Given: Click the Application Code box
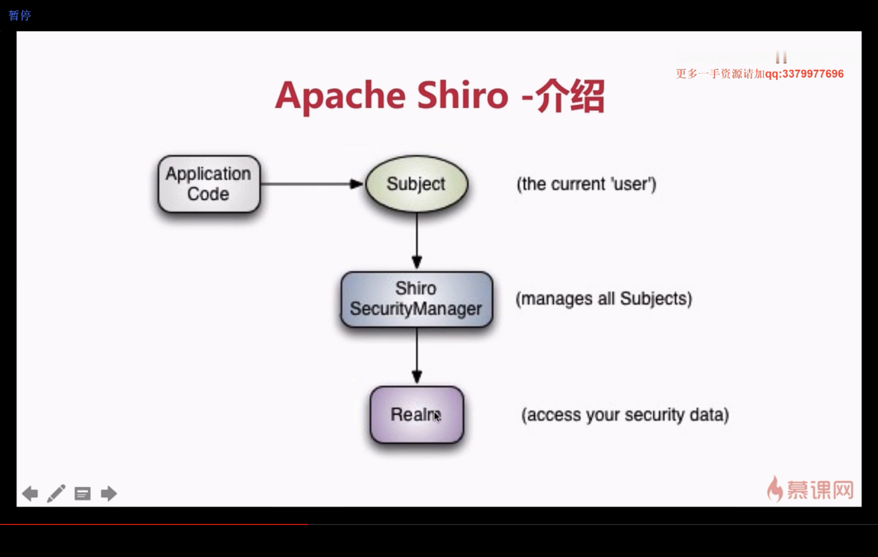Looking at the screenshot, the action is point(209,184).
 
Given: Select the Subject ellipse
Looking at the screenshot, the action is point(416,184).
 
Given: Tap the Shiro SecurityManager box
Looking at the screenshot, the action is point(416,299).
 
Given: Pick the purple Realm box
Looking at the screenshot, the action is point(416,415).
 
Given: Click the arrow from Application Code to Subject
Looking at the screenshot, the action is point(313,184).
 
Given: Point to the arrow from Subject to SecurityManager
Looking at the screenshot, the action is point(416,241).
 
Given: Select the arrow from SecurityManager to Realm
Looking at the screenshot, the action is point(416,356).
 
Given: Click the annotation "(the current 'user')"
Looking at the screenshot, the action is point(586,184).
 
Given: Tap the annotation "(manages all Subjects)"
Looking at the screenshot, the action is point(604,299).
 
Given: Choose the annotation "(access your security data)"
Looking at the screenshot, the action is point(625,415).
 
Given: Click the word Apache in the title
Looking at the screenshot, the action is point(340,96).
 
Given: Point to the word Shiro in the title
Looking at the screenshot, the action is point(462,95).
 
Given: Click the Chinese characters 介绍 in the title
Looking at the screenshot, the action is point(570,96).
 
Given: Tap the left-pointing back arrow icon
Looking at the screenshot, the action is point(31,494).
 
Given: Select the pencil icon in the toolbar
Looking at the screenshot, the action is point(56,493).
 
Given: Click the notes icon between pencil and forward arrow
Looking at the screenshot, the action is point(83,494).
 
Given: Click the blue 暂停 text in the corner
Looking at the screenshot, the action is point(19,15).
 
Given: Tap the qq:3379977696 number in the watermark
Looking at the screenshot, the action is point(804,74).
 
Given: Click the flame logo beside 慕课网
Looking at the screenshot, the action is point(775,488).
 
